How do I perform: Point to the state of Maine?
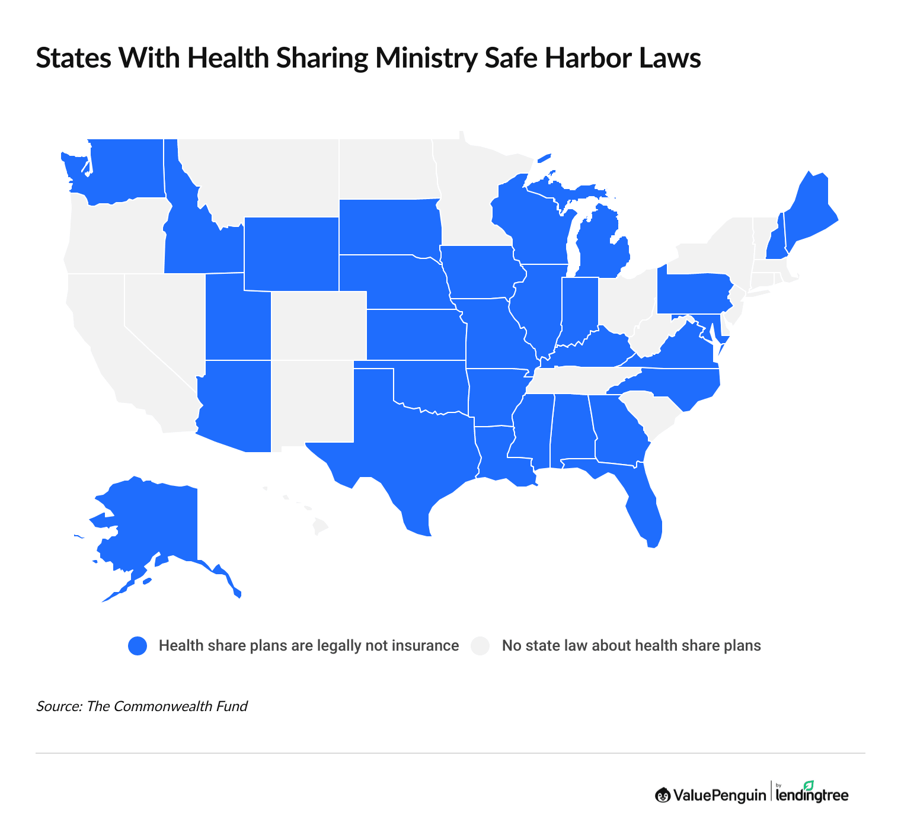click(809, 207)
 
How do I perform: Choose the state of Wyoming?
click(290, 254)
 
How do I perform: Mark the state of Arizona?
click(234, 406)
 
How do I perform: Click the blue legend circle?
click(138, 646)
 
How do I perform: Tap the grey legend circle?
click(480, 646)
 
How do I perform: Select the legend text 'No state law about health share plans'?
click(631, 646)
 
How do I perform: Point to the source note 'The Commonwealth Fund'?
click(167, 706)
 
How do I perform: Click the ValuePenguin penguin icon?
click(663, 795)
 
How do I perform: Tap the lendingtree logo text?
click(812, 795)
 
